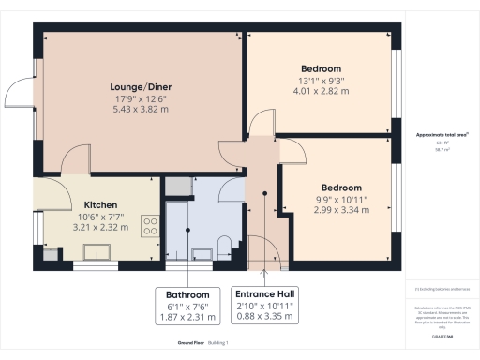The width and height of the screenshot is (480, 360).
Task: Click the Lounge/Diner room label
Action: click(141, 87)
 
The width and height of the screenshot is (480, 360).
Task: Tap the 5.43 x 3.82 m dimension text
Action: click(141, 109)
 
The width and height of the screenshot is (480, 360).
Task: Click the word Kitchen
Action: click(99, 204)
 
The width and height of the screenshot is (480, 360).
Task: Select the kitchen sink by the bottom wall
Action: click(95, 251)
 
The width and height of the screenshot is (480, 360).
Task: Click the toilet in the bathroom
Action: click(223, 248)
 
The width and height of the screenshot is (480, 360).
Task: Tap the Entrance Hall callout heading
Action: click(266, 293)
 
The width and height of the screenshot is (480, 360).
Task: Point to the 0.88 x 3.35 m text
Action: click(266, 318)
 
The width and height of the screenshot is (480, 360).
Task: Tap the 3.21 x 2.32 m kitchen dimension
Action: click(99, 226)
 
